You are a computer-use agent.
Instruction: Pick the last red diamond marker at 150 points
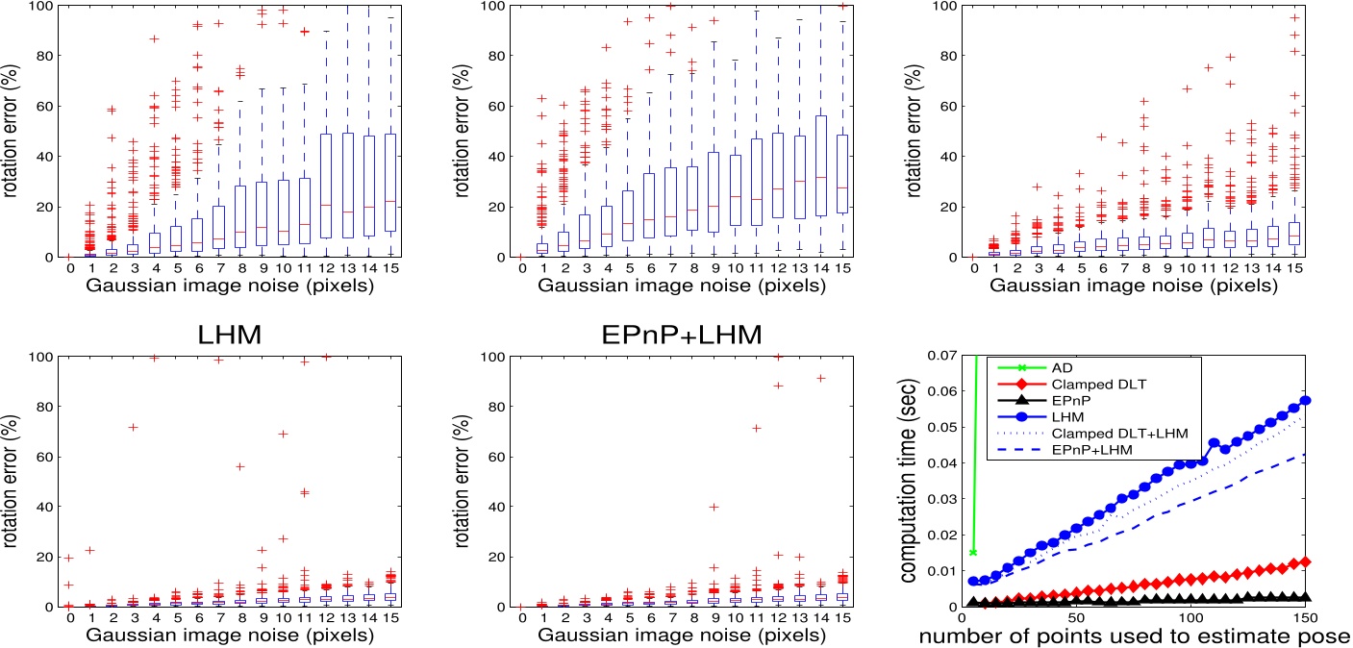(1305, 562)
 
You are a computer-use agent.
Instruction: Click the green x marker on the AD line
(974, 552)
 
